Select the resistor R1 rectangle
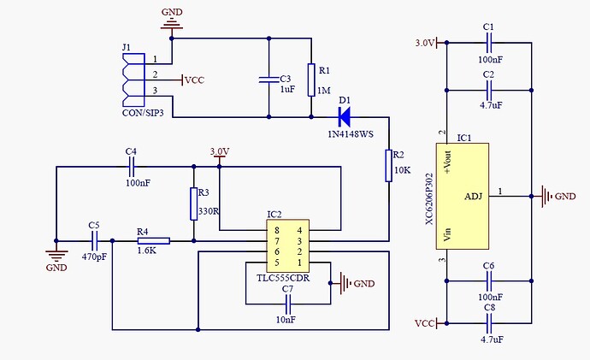(x=312, y=79)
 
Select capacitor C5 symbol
(x=94, y=241)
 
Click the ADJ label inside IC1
(x=473, y=197)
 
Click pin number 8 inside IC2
(x=275, y=230)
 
